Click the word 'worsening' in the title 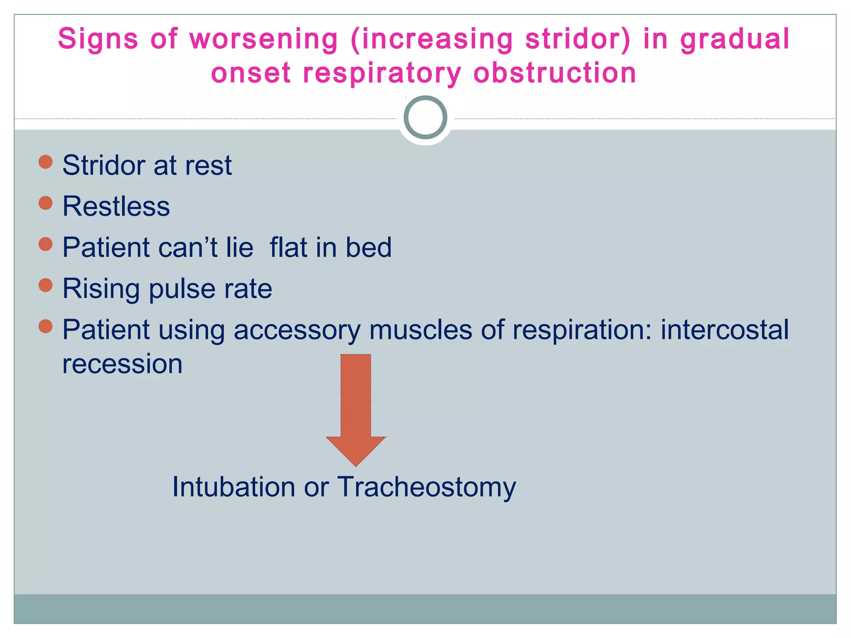click(x=263, y=39)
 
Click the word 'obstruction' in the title click(x=555, y=73)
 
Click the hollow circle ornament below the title click(x=425, y=118)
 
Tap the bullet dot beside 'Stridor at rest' click(x=45, y=162)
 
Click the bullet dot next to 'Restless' click(x=45, y=203)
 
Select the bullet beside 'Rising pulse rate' click(x=45, y=285)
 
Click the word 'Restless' click(x=116, y=206)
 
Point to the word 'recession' click(x=122, y=365)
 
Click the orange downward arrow click(x=356, y=407)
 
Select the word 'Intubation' click(x=234, y=487)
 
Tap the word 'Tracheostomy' click(x=426, y=488)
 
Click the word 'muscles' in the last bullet click(x=421, y=330)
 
